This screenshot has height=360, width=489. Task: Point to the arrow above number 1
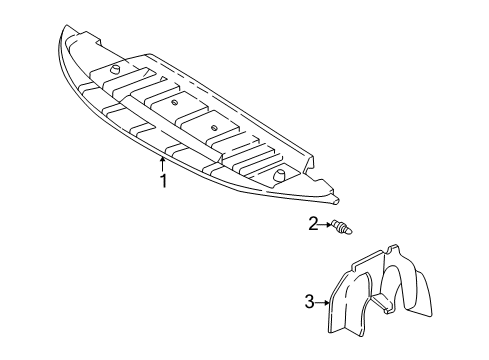163,162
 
